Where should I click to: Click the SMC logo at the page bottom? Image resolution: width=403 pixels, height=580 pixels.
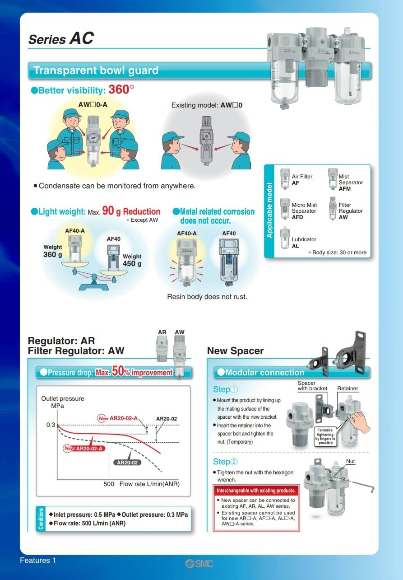199,563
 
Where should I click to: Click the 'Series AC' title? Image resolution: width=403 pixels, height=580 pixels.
61,39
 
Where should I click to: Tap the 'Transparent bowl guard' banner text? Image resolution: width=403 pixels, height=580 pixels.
96,70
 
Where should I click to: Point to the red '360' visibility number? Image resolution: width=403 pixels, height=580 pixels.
119,89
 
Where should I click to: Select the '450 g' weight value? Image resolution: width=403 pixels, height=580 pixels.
132,263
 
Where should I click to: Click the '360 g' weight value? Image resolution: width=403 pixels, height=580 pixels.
52,254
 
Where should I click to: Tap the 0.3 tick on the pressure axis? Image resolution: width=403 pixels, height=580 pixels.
51,425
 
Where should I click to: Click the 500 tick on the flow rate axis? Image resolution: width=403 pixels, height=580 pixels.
109,484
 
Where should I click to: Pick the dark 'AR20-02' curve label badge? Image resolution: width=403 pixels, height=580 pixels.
127,463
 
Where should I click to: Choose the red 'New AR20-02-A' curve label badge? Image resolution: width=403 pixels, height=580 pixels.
84,448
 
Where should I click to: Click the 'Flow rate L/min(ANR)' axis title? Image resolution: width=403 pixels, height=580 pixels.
149,484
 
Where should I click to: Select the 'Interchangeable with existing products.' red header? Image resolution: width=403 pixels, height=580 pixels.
256,491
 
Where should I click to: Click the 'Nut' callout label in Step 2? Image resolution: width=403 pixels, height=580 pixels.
351,461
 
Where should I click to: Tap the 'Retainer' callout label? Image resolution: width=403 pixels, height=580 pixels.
347,388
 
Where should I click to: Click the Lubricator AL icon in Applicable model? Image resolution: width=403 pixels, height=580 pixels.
284,238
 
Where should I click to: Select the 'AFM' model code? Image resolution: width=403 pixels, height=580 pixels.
344,189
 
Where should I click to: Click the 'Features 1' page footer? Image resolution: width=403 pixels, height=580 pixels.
38,560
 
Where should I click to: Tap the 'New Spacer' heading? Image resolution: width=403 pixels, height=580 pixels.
235,351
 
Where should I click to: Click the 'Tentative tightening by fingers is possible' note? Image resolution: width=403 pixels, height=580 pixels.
325,436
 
